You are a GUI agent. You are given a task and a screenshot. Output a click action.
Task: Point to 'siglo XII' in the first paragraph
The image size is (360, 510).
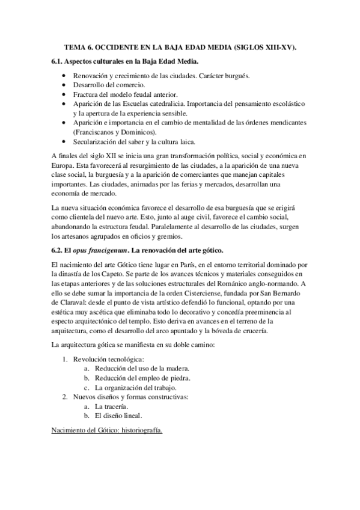(96, 156)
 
